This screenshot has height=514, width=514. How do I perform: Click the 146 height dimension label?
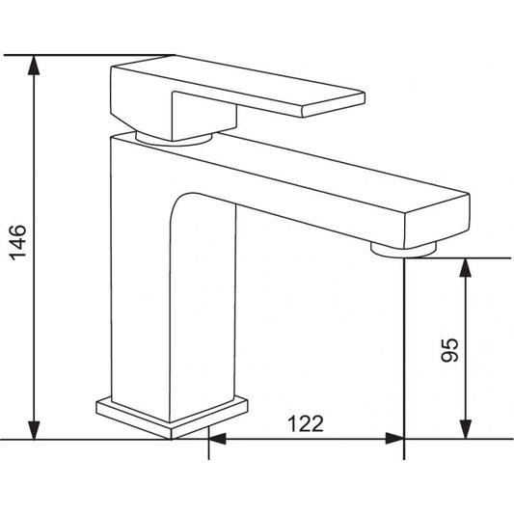pos(17,243)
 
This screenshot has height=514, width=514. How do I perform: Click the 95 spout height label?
pos(449,350)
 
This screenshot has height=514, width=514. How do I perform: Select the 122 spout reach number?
pos(306,423)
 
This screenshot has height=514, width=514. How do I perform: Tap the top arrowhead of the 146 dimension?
pos(34,66)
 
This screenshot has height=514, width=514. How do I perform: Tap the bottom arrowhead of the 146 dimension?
pos(34,430)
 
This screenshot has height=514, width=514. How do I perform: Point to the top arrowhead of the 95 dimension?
pos(465,268)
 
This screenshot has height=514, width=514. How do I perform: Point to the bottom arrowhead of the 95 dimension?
pos(465,429)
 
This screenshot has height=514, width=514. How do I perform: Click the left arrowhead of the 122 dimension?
pos(218,439)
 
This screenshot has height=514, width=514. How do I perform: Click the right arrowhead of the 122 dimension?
pos(394,439)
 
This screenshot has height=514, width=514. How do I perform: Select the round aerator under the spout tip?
pos(403,250)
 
